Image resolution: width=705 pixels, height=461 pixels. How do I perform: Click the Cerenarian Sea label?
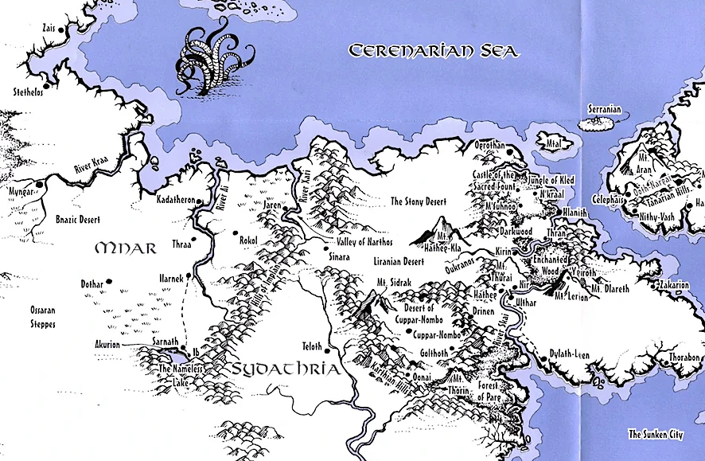(x=434, y=51)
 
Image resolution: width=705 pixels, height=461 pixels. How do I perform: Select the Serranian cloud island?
(x=598, y=123)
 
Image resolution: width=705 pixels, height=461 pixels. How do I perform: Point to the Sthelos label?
(x=27, y=92)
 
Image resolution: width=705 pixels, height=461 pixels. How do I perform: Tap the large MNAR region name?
(x=125, y=248)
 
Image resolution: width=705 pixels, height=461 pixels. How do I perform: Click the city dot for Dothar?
(x=109, y=281)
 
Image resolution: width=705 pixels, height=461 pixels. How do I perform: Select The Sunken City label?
(x=655, y=434)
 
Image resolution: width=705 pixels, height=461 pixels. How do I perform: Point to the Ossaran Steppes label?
(x=28, y=314)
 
